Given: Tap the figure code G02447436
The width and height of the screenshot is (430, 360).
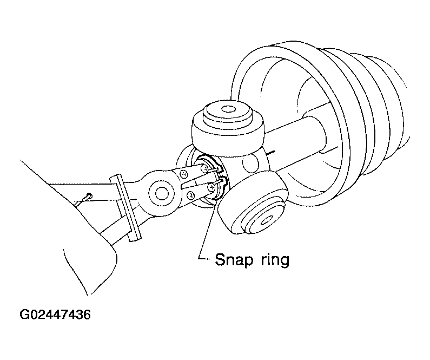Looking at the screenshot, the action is pos(55,315).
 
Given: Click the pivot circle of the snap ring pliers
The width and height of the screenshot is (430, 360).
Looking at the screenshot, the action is pos(161,193).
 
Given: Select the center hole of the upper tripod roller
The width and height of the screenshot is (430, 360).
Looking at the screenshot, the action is pos(228,109).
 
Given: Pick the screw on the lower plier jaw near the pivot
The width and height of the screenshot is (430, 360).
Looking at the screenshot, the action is pos(191,195).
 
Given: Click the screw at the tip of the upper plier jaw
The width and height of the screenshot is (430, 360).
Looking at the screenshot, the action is pos(204,169).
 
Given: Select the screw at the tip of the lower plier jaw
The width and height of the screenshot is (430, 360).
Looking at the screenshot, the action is pos(211,187).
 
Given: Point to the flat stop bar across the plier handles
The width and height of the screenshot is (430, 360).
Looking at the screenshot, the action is pos(125,208).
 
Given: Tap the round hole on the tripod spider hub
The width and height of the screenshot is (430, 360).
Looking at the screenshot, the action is pos(250,163).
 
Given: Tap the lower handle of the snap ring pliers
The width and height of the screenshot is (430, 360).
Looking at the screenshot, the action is pos(115,229).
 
